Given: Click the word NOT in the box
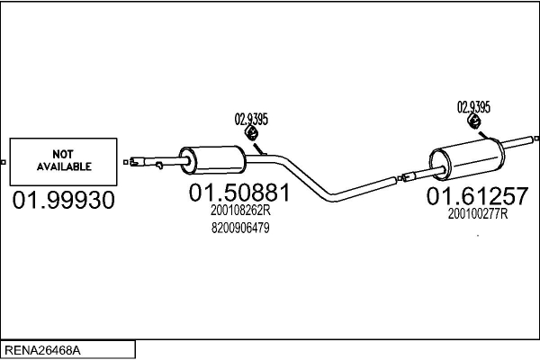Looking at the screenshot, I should tap(64, 154).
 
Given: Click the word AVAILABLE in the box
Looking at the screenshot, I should tap(64, 166).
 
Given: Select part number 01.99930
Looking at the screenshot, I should tap(63, 201).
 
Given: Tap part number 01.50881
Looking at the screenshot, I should tap(238, 193).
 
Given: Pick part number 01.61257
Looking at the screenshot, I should tap(478, 196).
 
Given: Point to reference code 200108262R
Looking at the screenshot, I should tap(240, 211).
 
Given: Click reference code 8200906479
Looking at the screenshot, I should tap(239, 228).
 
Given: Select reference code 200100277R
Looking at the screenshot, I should tap(478, 214).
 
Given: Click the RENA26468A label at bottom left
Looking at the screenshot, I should tap(41, 349).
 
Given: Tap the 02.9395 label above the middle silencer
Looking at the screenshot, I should tap(251, 118).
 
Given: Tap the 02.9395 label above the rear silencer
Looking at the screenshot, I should tap(474, 106).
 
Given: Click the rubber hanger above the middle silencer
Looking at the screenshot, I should tap(253, 134).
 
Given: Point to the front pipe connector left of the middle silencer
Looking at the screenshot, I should tap(147, 163).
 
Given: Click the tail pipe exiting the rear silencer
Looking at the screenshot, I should tap(519, 139).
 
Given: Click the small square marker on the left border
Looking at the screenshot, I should tap(4, 162).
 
